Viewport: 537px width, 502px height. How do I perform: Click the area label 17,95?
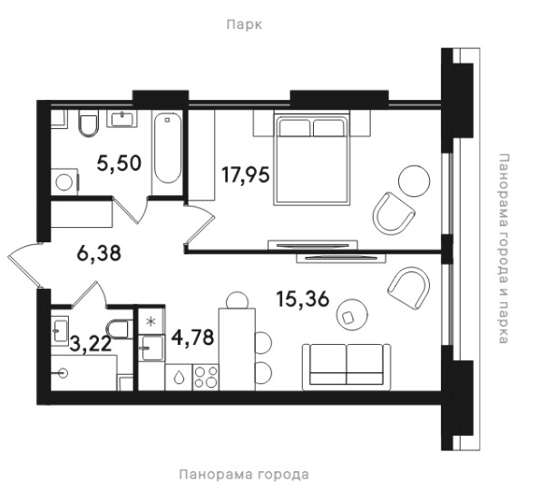pyautogui.click(x=246, y=175)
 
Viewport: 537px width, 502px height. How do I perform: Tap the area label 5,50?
pyautogui.click(x=119, y=162)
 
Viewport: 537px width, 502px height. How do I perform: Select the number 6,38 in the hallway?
pyautogui.click(x=99, y=253)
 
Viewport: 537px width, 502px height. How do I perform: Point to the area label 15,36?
pyautogui.click(x=302, y=299)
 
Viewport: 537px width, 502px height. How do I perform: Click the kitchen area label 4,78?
pyautogui.click(x=193, y=337)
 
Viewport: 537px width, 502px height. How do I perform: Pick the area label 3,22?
pyautogui.click(x=91, y=344)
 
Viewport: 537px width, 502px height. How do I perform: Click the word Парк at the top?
pyautogui.click(x=245, y=25)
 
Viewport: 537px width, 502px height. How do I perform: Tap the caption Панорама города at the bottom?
pyautogui.click(x=244, y=475)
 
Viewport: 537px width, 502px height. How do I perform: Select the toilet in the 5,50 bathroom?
pyautogui.click(x=88, y=123)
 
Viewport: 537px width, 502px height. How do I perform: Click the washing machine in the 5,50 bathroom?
pyautogui.click(x=65, y=182)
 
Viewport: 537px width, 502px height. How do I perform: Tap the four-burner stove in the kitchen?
pyautogui.click(x=206, y=377)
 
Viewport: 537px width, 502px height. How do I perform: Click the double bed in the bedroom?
pyautogui.click(x=312, y=161)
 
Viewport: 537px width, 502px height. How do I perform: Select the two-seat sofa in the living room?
pyautogui.click(x=347, y=367)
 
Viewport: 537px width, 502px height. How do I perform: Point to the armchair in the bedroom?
pyautogui.click(x=394, y=212)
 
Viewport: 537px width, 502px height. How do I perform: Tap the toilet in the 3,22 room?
pyautogui.click(x=119, y=329)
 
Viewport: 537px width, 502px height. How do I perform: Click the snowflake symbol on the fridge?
pyautogui.click(x=151, y=322)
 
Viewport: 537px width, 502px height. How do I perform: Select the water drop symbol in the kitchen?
pyautogui.click(x=179, y=378)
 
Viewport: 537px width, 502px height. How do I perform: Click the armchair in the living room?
pyautogui.click(x=409, y=288)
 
